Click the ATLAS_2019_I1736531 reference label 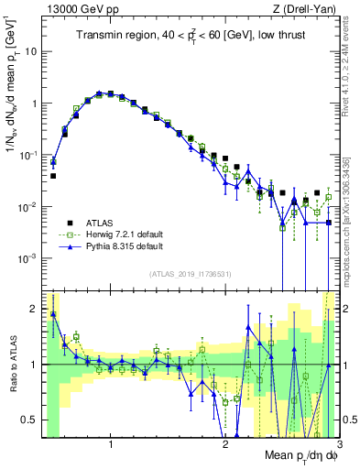[x=191, y=274]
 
